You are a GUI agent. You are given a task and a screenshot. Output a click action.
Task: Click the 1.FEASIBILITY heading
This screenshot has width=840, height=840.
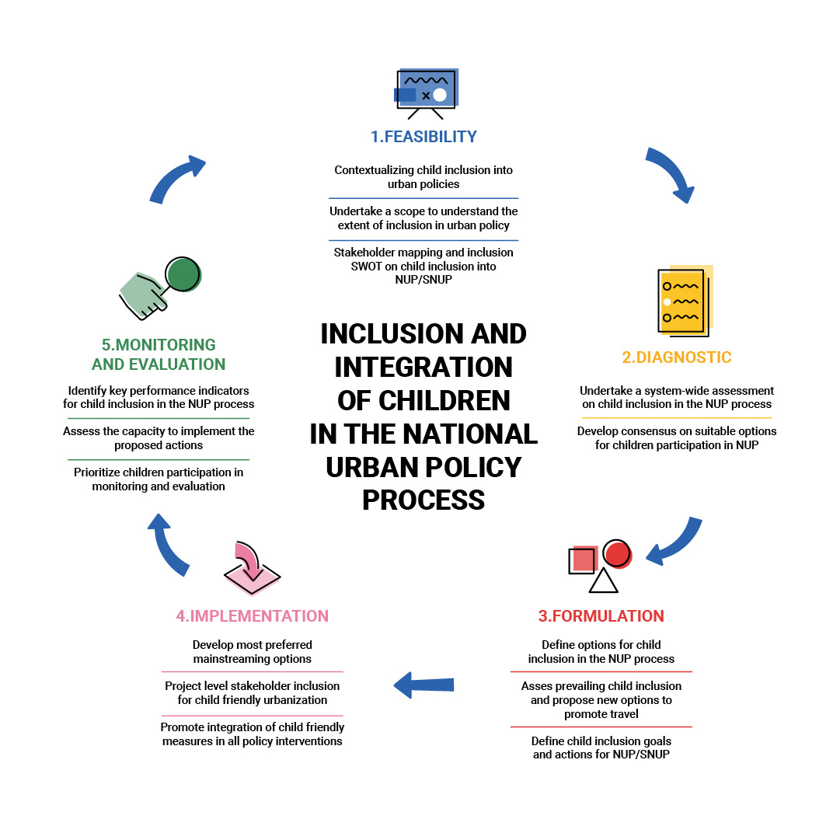(423, 137)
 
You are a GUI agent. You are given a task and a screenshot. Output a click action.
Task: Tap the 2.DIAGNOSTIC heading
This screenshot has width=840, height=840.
(677, 357)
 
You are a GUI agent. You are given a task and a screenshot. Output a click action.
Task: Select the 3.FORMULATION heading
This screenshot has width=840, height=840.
(601, 616)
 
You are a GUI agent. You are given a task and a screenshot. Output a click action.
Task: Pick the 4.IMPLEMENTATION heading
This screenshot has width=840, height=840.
(252, 616)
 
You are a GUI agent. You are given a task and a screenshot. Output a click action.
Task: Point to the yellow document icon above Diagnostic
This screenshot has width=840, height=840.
(684, 301)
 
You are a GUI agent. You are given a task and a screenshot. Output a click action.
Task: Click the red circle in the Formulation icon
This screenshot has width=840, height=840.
(617, 554)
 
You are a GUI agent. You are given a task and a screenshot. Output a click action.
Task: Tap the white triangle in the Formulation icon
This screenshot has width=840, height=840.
(603, 580)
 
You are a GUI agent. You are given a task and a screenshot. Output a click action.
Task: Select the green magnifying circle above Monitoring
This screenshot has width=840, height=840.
(183, 274)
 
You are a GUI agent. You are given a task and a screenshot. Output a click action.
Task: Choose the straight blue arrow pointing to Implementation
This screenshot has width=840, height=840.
(423, 685)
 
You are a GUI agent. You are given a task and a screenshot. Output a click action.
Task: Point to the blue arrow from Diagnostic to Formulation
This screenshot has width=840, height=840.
(677, 541)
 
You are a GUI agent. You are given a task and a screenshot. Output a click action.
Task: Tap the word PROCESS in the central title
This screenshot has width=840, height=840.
(423, 500)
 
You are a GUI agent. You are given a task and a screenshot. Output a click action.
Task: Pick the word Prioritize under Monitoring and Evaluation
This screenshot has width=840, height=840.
(103, 472)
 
